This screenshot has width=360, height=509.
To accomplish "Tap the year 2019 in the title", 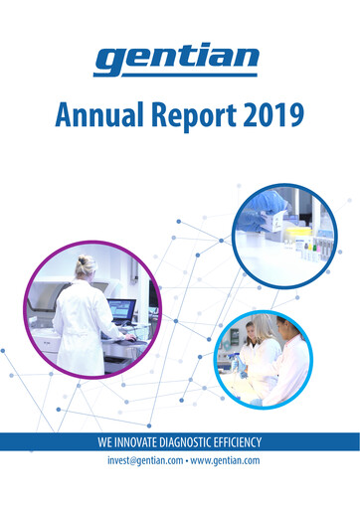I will click(x=270, y=119).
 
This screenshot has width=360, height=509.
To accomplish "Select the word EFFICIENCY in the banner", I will click(x=245, y=441).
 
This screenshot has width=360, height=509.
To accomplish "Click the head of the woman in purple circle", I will click(x=86, y=266).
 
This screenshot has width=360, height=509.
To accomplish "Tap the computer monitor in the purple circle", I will click(x=121, y=309).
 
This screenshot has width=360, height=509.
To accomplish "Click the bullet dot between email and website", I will click(x=184, y=461).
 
